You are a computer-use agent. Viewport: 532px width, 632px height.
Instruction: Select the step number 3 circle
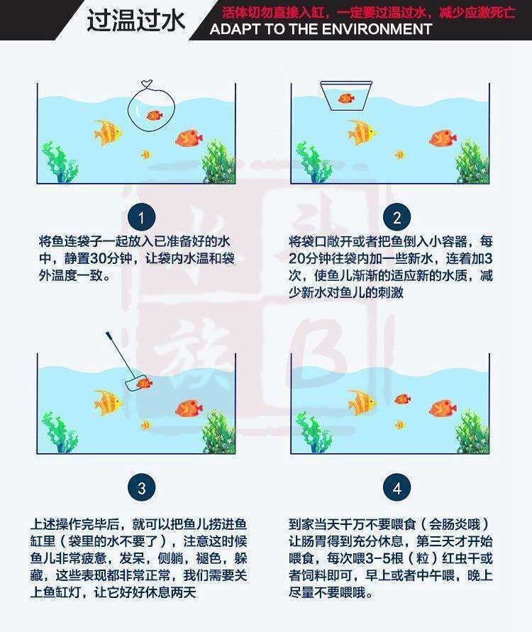click(142, 488)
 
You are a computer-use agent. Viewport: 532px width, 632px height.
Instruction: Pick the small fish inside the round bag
click(153, 113)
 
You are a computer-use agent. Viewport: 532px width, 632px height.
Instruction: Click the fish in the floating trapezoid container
click(347, 99)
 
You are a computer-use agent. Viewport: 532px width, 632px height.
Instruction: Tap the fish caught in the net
click(144, 383)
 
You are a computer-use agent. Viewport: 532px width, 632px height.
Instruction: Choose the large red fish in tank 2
click(441, 138)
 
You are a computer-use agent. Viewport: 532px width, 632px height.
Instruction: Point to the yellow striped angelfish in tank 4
click(361, 402)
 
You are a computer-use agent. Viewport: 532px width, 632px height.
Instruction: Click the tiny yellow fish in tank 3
click(145, 424)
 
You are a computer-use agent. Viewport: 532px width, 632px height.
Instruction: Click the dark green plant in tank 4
click(471, 431)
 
